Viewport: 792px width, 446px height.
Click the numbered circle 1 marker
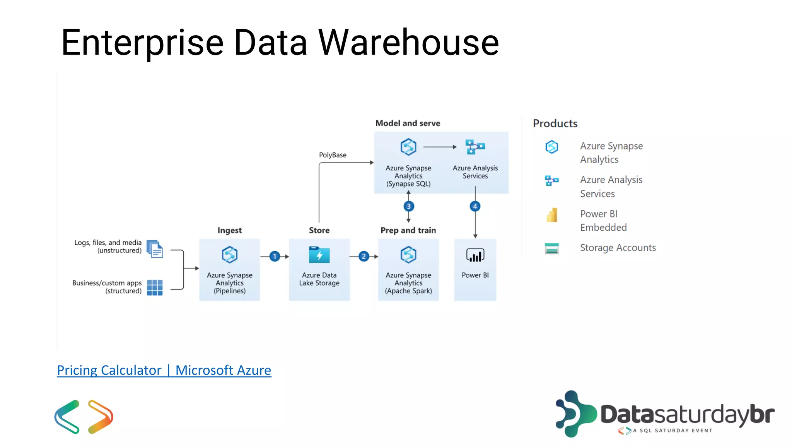click(x=275, y=256)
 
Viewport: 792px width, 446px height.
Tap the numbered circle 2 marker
click(x=364, y=256)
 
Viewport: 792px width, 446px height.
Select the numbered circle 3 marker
click(x=408, y=206)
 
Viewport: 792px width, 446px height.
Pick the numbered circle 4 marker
click(x=475, y=206)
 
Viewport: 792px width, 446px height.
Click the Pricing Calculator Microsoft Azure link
click(x=164, y=371)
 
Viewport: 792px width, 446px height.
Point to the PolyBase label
click(x=333, y=155)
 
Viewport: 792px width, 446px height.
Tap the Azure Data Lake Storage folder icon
click(x=319, y=255)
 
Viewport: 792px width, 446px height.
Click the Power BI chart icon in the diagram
click(x=475, y=255)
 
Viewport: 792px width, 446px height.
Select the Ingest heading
click(x=229, y=230)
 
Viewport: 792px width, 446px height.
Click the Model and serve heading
click(x=408, y=123)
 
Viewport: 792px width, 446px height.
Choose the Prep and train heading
click(x=408, y=230)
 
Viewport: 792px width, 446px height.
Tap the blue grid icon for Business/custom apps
click(x=155, y=288)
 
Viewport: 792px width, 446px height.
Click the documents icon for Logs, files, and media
click(x=155, y=249)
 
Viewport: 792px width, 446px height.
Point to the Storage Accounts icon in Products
click(x=551, y=248)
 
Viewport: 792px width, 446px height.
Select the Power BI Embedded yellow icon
click(x=552, y=215)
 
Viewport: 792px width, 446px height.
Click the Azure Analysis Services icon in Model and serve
click(x=475, y=147)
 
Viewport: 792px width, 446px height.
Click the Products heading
click(x=555, y=124)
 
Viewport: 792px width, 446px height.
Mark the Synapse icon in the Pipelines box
click(x=229, y=255)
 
